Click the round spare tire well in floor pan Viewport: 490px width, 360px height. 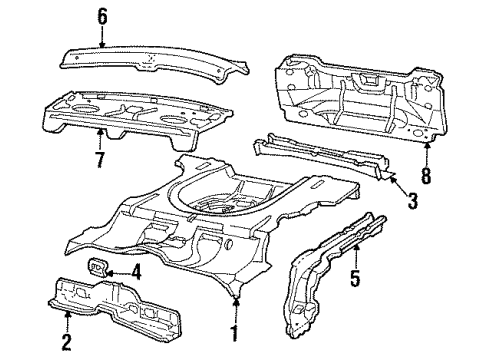[225, 200]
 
